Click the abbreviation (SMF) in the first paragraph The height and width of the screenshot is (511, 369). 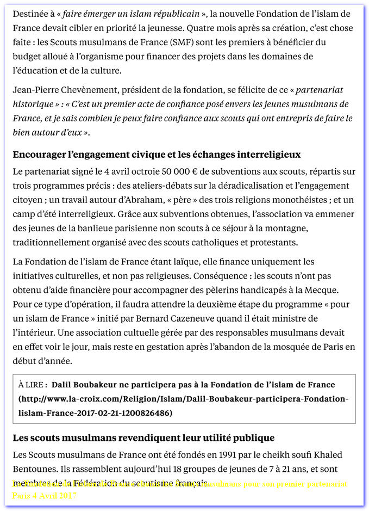tap(185, 42)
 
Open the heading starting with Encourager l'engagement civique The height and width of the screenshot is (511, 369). tap(157, 155)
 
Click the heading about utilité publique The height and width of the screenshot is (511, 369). tap(143, 438)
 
